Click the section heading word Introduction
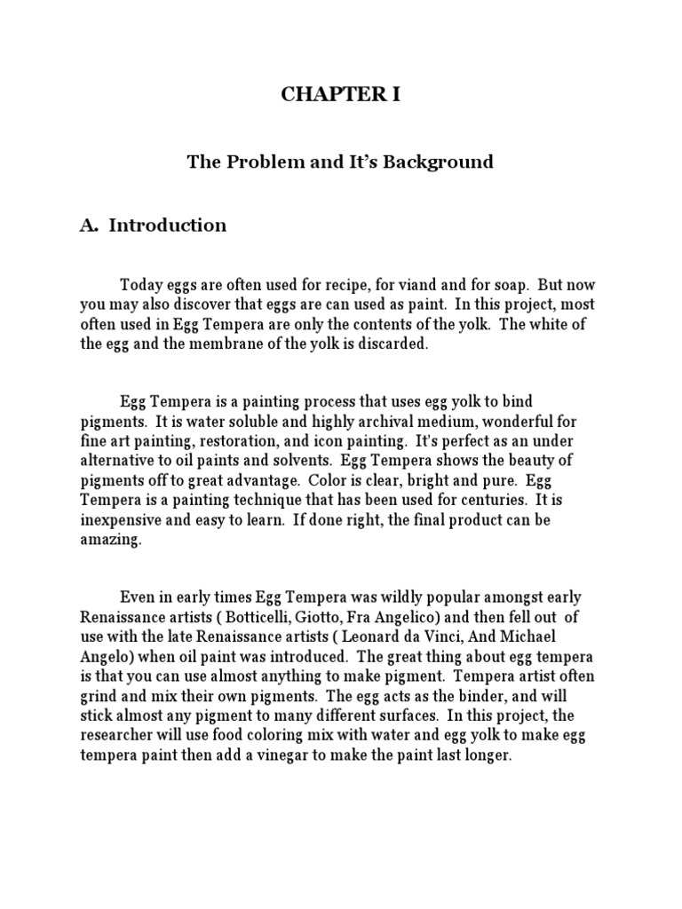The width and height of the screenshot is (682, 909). click(x=167, y=225)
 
